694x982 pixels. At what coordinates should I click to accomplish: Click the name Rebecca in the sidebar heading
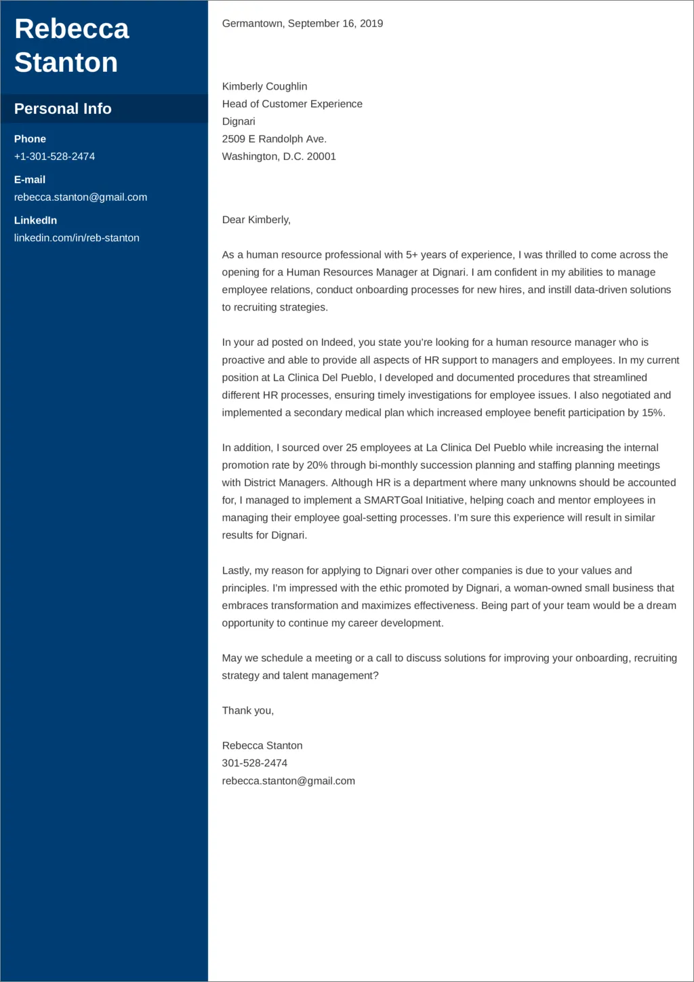(72, 29)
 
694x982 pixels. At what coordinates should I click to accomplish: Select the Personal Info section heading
(62, 109)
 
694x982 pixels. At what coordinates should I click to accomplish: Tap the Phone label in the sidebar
(30, 139)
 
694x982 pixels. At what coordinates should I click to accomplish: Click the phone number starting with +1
(54, 157)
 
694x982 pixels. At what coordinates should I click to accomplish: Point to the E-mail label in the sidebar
(30, 180)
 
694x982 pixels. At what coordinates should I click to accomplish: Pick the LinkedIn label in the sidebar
(35, 220)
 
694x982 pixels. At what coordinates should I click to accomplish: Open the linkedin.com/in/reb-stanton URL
(77, 238)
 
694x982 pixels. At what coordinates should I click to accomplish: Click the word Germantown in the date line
(252, 24)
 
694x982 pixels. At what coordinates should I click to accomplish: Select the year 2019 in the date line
(371, 24)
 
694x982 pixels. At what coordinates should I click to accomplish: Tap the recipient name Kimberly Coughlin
(264, 87)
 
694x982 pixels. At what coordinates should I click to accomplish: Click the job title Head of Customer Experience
(292, 104)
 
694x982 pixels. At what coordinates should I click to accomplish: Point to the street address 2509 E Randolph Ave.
(274, 139)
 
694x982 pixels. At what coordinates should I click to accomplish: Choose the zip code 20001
(321, 157)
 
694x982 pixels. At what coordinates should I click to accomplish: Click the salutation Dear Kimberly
(256, 220)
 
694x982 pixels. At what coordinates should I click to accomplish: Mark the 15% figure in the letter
(652, 413)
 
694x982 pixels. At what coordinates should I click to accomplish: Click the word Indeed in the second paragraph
(337, 342)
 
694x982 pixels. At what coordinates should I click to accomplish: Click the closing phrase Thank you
(247, 711)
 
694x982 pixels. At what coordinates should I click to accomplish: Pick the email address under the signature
(288, 781)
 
